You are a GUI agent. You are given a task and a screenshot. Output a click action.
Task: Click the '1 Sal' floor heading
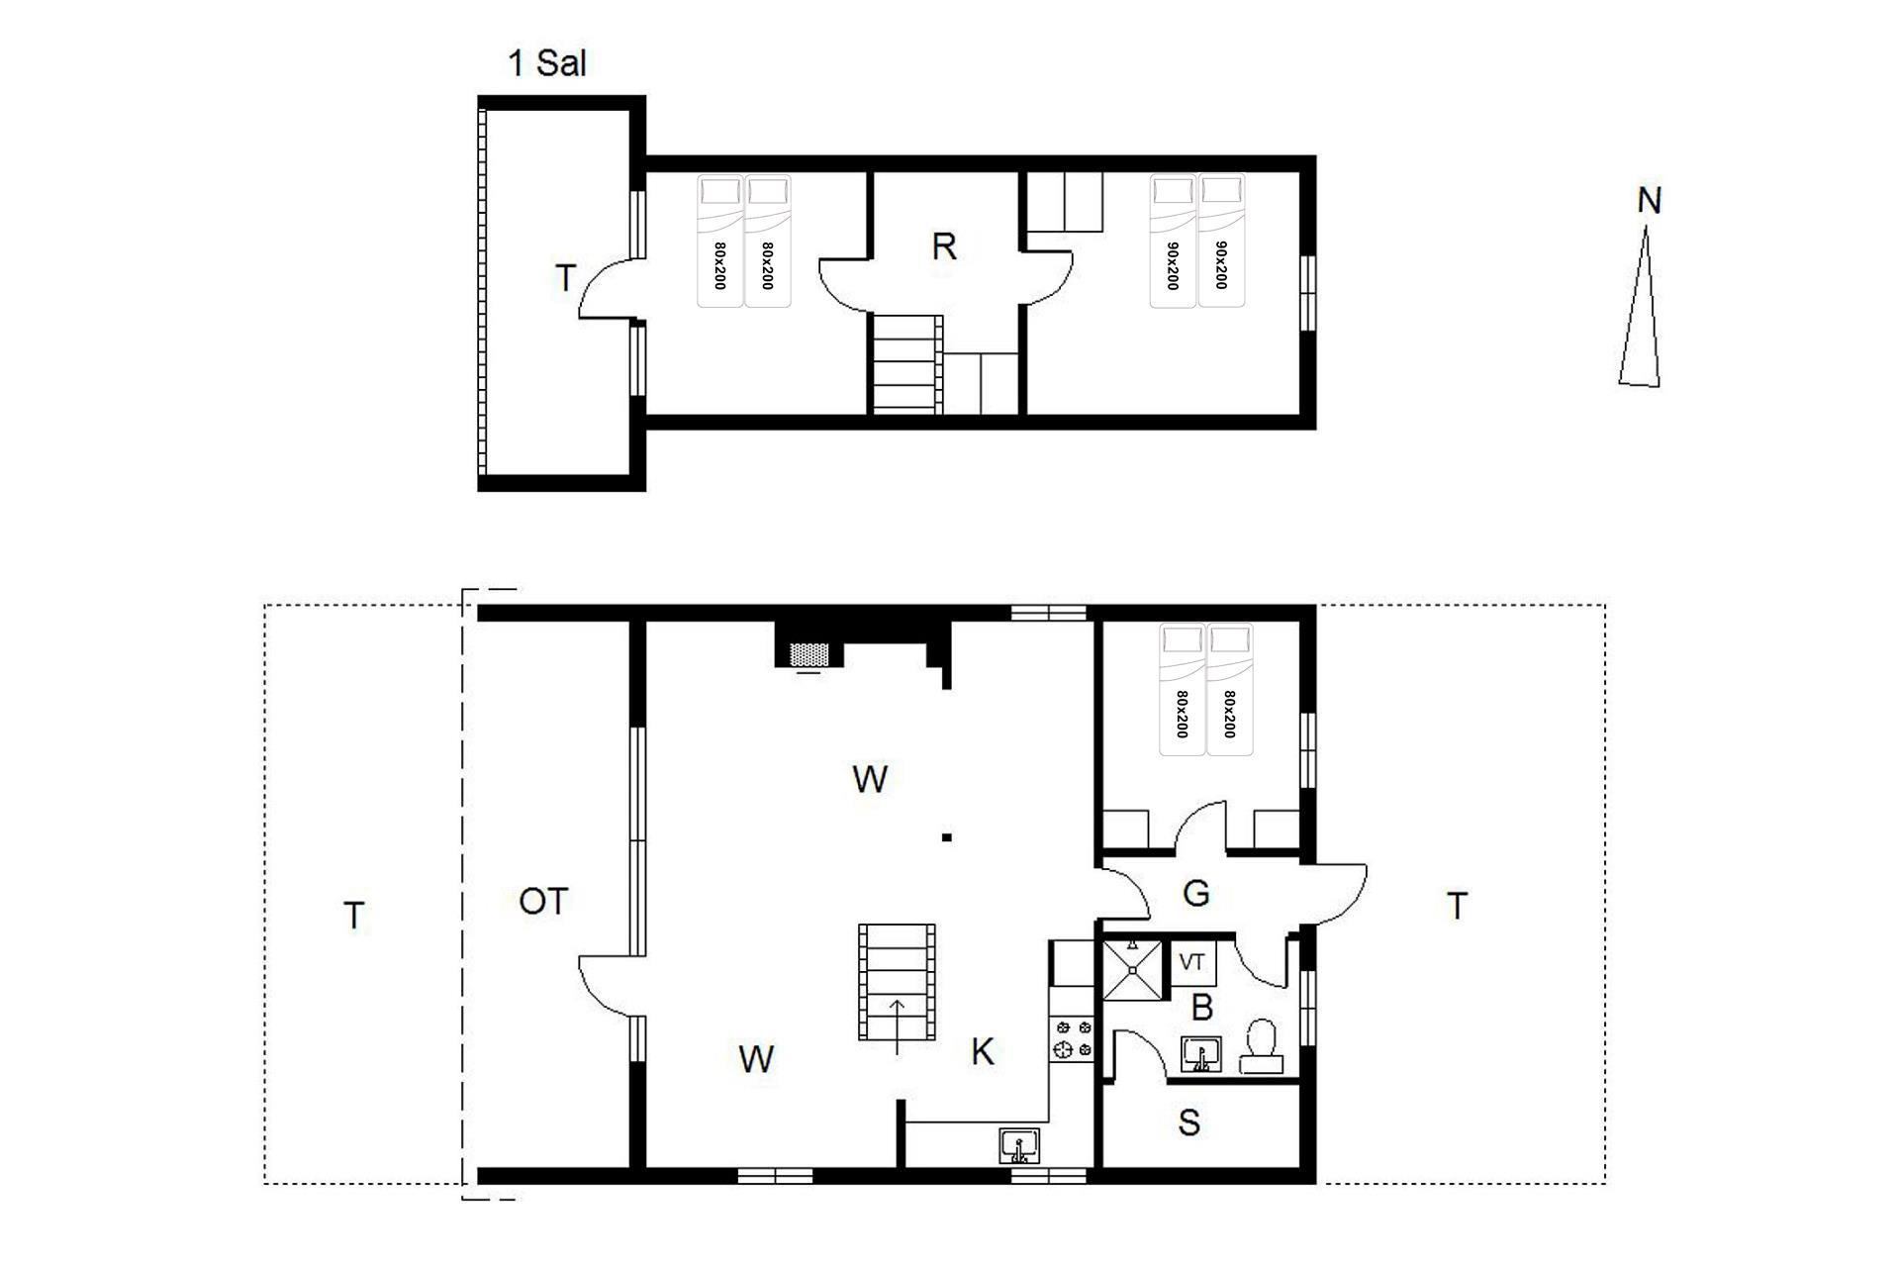point(547,63)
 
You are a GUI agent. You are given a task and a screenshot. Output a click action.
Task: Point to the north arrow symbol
point(1641,307)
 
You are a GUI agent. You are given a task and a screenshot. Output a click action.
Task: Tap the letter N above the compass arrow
point(1649,201)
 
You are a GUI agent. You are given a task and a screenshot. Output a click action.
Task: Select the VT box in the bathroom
point(1192,962)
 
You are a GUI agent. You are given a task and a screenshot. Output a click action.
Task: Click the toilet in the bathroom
point(1262,1047)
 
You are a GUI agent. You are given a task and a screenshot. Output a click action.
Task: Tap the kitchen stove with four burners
point(1073,1039)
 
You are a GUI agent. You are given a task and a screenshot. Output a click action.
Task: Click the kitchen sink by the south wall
point(1019,1146)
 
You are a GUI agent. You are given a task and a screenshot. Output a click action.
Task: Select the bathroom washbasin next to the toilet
point(1201,1055)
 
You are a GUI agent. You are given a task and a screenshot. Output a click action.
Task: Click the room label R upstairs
point(944,246)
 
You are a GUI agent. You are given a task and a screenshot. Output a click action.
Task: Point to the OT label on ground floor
point(543,901)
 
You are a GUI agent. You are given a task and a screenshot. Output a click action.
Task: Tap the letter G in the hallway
point(1196,894)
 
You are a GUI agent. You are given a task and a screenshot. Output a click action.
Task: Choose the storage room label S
point(1189,1122)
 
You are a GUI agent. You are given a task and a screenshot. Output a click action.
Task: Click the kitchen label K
point(982,1051)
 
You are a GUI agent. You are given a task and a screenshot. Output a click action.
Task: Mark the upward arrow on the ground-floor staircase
point(898,1026)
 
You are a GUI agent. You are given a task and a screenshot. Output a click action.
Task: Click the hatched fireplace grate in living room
point(808,654)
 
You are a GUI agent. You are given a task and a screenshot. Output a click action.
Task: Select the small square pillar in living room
point(947,837)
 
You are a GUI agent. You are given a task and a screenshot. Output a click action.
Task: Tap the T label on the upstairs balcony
point(565,278)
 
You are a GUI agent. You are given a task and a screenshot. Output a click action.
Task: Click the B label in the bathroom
point(1202,1008)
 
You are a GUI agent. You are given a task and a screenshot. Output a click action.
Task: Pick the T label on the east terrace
point(1457,906)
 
